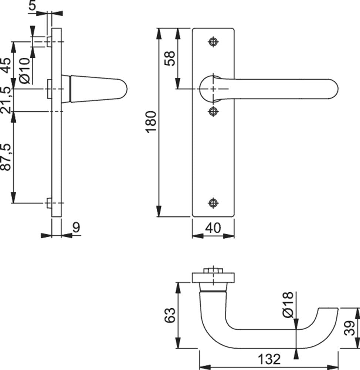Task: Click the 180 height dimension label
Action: [x=152, y=122]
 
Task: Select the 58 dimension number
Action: [x=170, y=58]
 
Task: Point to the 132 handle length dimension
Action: [x=269, y=359]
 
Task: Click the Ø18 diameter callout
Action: [x=288, y=305]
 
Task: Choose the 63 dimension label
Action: [x=170, y=315]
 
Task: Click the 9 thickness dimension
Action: [x=76, y=227]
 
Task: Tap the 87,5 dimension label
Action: [x=6, y=157]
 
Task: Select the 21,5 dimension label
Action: [x=6, y=100]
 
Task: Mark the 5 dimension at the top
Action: [x=32, y=6]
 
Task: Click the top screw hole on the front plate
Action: [x=213, y=42]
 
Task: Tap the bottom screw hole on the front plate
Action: [x=213, y=203]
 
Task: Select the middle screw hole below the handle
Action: [x=213, y=111]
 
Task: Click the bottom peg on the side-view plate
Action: [x=49, y=203]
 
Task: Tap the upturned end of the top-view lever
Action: [x=328, y=314]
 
